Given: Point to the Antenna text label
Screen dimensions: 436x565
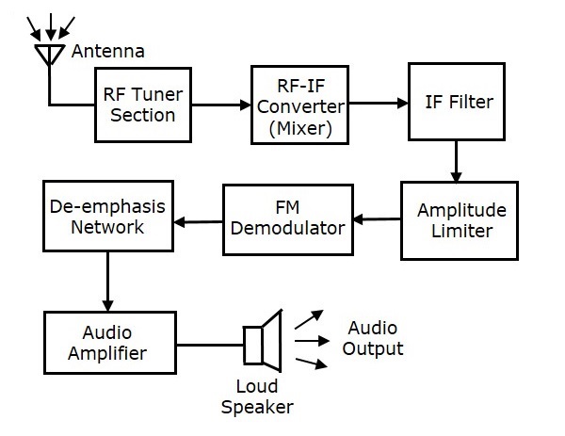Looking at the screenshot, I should pos(108,51).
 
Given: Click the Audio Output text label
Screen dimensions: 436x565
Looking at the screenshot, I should pos(375,339).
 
